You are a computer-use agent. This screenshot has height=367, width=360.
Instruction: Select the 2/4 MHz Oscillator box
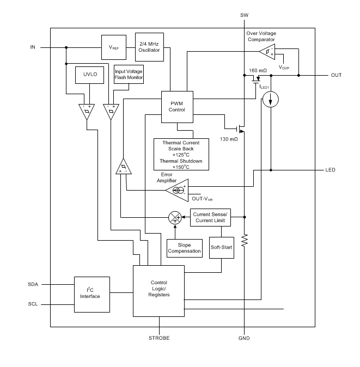click(x=149, y=47)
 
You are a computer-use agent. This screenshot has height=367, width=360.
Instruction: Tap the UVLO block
click(x=89, y=76)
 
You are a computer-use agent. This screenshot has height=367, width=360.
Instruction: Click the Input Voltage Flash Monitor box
click(x=129, y=75)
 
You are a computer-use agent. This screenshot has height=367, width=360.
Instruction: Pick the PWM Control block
click(x=177, y=106)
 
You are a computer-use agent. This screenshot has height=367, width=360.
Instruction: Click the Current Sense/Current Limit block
click(x=210, y=217)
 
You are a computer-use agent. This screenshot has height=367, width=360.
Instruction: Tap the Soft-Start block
click(x=221, y=247)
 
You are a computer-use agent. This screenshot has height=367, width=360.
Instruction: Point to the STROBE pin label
click(x=160, y=338)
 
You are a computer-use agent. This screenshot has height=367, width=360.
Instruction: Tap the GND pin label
click(x=244, y=338)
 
